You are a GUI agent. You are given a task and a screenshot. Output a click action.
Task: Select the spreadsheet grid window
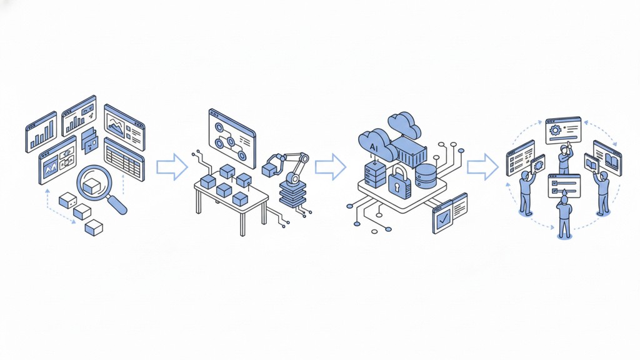124,159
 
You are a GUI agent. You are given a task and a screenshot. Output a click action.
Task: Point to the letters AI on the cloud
374,146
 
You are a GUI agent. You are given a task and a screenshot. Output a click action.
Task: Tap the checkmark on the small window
443,219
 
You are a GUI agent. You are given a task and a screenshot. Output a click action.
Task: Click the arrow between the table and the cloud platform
330,166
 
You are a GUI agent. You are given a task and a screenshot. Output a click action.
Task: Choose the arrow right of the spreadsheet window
171,166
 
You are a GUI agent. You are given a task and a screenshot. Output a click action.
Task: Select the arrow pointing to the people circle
482,166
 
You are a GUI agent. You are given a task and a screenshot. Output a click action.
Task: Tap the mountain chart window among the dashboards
123,127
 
